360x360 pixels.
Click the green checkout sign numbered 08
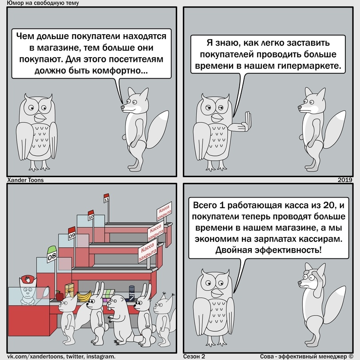[x=51, y=254]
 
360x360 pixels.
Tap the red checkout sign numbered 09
[x=72, y=233]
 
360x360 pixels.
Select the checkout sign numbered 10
[x=91, y=215]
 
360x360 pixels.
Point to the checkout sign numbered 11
[x=106, y=198]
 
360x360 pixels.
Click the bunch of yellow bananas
[x=84, y=296]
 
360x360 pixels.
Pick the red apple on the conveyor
[x=59, y=296]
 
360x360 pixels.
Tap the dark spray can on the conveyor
[x=132, y=293]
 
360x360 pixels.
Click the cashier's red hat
[x=28, y=279]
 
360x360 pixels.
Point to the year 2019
[x=345, y=180]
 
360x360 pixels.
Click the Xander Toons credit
[x=25, y=180]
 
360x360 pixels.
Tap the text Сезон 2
[x=194, y=356]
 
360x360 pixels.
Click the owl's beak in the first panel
[x=40, y=117]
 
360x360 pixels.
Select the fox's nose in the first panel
[x=123, y=107]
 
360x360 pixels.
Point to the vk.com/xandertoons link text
[x=35, y=356]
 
